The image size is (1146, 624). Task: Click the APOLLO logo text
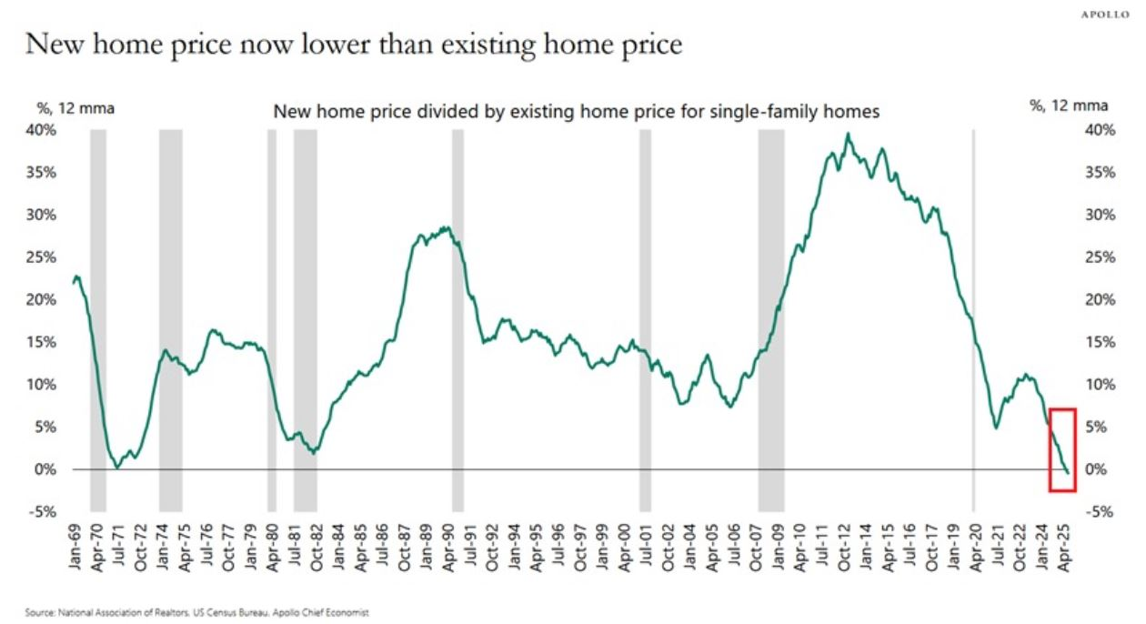tap(1105, 15)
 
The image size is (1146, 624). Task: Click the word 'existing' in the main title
tap(488, 45)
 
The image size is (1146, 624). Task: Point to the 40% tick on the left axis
tap(41, 130)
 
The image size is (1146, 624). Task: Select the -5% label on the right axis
tap(1099, 512)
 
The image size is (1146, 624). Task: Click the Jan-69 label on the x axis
tap(75, 548)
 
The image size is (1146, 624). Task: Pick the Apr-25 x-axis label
tap(1063, 549)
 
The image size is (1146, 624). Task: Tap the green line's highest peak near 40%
tap(849, 135)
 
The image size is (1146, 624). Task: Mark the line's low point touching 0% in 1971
tap(117, 468)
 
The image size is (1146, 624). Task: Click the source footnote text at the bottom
tap(197, 612)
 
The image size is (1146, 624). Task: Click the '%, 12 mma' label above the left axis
tap(75, 108)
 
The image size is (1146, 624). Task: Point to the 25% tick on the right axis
tap(1100, 257)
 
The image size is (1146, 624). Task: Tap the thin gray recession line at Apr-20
tap(973, 321)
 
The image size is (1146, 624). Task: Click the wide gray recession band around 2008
tap(771, 321)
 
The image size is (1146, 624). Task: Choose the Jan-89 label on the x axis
tap(427, 548)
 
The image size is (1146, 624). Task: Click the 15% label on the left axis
tap(41, 342)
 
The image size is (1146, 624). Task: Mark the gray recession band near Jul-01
tap(645, 321)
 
